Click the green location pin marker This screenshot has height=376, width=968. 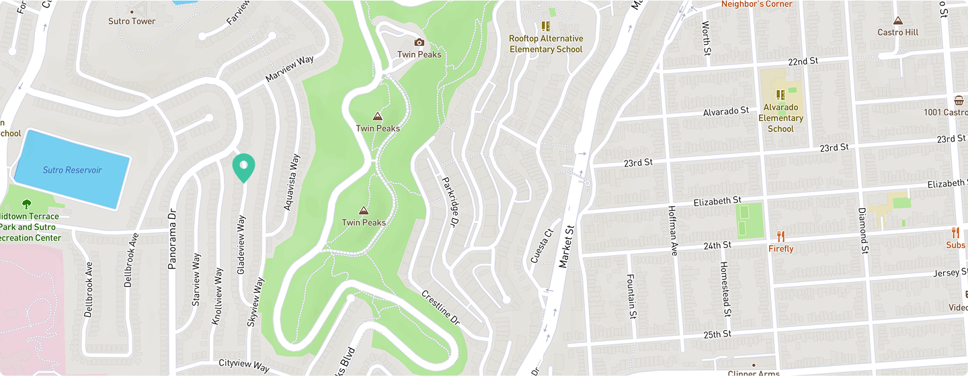pyautogui.click(x=243, y=167)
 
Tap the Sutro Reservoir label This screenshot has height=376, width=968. pyautogui.click(x=72, y=171)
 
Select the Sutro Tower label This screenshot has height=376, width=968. pyautogui.click(x=132, y=21)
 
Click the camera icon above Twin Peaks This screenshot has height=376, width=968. pyautogui.click(x=419, y=42)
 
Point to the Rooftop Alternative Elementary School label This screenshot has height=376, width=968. pyautogui.click(x=546, y=44)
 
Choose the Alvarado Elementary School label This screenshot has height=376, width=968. pyautogui.click(x=780, y=117)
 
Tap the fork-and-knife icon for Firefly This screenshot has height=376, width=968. pyautogui.click(x=780, y=236)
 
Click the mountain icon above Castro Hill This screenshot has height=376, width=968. pyautogui.click(x=897, y=20)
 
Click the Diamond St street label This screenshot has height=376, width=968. pyautogui.click(x=862, y=230)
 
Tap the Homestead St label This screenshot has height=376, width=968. pyautogui.click(x=725, y=289)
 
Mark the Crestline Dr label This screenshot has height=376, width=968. pyautogui.click(x=440, y=308)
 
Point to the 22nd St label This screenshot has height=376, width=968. pyautogui.click(x=803, y=61)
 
